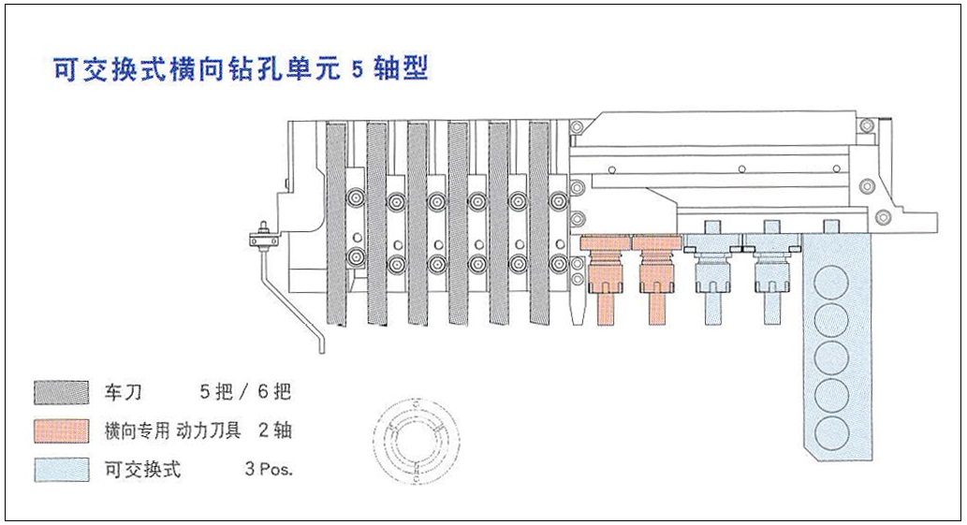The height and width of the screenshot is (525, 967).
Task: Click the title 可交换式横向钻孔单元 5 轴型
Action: click(x=242, y=70)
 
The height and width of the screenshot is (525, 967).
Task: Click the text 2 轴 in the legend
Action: click(x=274, y=430)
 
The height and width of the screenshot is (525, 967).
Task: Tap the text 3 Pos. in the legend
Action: click(x=269, y=469)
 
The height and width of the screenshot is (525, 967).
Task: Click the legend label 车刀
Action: click(x=124, y=391)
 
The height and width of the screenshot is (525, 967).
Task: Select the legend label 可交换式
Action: click(x=142, y=469)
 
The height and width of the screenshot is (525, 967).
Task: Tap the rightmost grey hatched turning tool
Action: click(x=540, y=225)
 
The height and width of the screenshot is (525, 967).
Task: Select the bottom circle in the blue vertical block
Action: click(x=829, y=433)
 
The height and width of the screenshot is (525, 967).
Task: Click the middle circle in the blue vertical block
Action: click(x=829, y=357)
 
